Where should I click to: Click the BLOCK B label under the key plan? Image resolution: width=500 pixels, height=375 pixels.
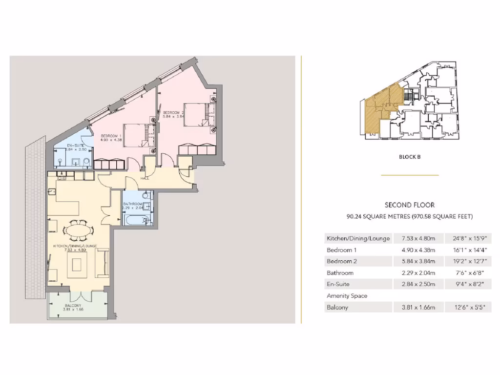[x=410, y=157]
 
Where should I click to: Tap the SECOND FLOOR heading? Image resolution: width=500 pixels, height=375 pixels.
[x=410, y=205]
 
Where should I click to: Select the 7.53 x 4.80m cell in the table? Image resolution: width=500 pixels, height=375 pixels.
[x=418, y=238]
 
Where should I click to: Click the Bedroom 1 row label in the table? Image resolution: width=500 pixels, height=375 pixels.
[x=340, y=250]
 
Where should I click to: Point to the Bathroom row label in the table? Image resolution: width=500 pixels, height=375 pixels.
[x=340, y=273]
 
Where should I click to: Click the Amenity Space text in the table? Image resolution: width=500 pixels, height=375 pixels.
[x=347, y=296]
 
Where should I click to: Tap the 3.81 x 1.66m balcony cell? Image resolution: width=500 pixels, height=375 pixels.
[x=418, y=308]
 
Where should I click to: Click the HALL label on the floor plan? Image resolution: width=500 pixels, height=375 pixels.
[x=145, y=178]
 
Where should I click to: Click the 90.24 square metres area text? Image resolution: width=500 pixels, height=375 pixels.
[x=409, y=216]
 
